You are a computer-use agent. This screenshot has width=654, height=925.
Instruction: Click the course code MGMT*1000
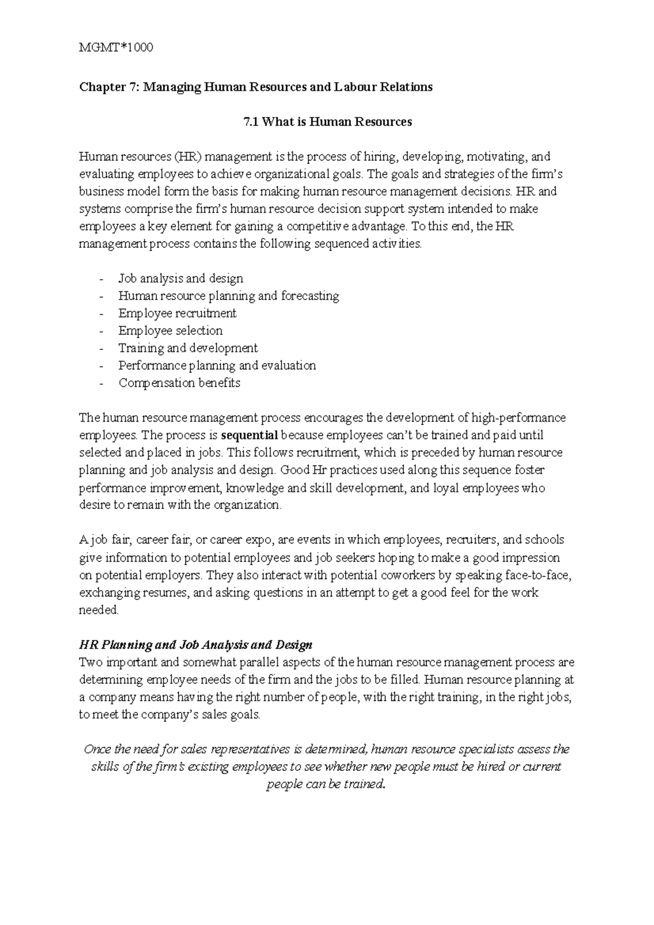[116, 47]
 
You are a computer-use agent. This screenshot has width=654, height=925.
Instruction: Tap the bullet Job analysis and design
[180, 278]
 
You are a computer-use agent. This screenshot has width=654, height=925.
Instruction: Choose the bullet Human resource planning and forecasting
[228, 296]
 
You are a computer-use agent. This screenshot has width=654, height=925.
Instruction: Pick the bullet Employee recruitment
[177, 313]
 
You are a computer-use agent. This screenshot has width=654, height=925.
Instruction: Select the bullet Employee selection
[170, 331]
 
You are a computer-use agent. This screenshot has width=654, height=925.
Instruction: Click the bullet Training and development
[188, 348]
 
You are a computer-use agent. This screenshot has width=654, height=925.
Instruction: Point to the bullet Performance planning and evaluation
[217, 366]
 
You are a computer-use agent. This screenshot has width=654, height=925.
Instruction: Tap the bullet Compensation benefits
[179, 383]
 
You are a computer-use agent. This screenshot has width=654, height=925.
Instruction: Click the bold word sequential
[250, 435]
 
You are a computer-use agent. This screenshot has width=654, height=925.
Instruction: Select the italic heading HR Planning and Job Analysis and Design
[196, 645]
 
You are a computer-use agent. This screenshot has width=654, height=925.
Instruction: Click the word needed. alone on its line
[99, 610]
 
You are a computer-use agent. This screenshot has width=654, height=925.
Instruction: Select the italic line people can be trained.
[326, 784]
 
